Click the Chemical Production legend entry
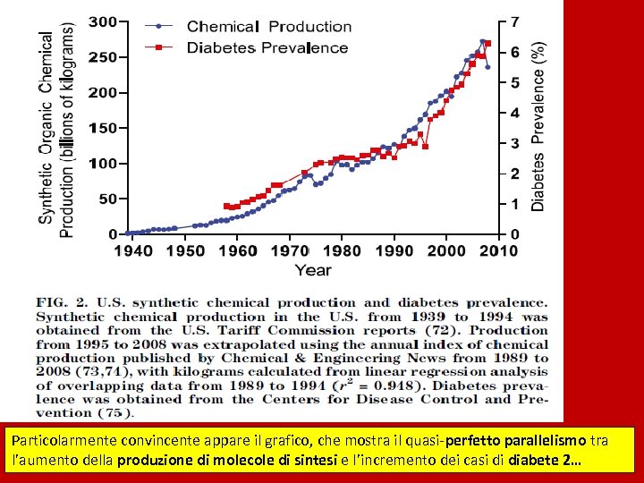[x=269, y=26]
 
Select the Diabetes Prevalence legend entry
[x=267, y=47]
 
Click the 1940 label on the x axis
[x=133, y=250]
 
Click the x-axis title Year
[x=313, y=269]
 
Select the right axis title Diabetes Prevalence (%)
[x=538, y=125]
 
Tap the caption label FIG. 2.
[x=64, y=303]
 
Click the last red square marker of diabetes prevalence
[x=487, y=43]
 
